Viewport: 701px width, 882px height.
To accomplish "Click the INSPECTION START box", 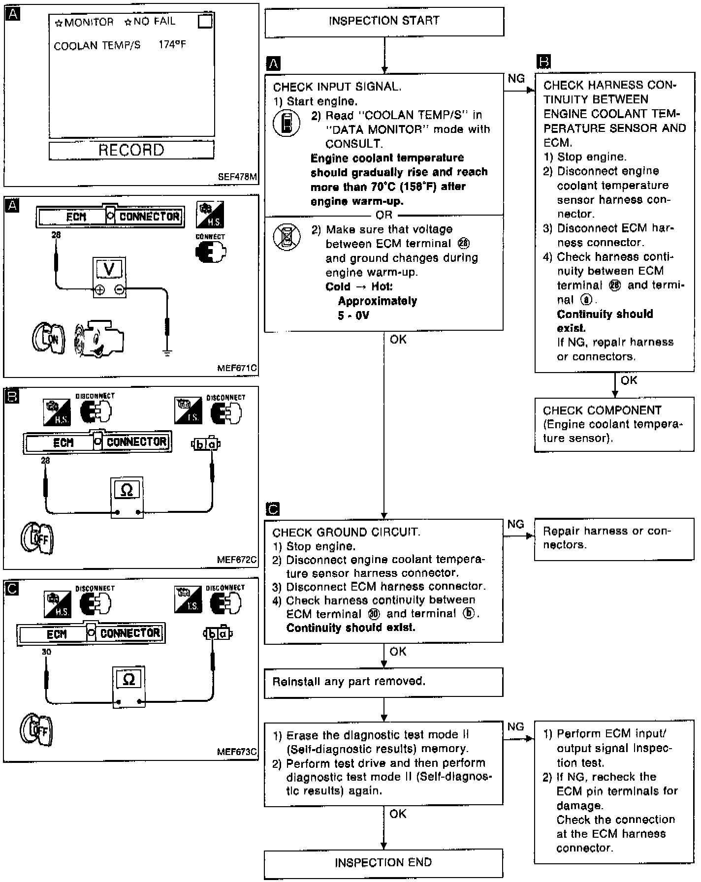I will coord(384,21).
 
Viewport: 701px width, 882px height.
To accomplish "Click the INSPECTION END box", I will coord(383,862).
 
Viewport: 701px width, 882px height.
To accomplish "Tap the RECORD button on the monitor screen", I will coord(131,150).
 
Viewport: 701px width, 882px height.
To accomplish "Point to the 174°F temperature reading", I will coord(172,45).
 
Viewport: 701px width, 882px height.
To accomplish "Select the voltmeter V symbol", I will coord(110,269).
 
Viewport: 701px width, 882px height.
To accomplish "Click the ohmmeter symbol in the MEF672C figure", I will coord(127,490).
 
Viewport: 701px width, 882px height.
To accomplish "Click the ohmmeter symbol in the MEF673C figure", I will coord(128,680).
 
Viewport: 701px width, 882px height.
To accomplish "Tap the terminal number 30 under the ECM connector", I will coord(46,652).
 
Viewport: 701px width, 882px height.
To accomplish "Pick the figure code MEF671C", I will coord(237,368).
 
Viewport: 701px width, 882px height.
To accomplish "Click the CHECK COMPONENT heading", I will coord(602,410).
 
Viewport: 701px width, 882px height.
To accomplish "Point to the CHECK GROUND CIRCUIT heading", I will coord(347,532).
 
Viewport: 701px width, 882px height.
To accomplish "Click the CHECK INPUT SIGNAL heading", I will coord(337,87).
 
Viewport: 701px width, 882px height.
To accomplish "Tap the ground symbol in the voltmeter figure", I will coord(167,352).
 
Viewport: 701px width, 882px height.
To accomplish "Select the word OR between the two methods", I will coord(384,215).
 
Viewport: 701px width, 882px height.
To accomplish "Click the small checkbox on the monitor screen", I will coord(205,22).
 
